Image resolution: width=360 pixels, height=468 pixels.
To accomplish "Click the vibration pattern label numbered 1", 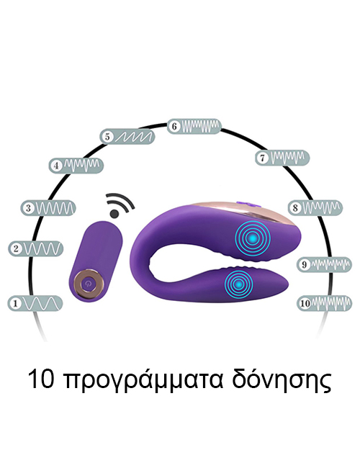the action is (35, 303).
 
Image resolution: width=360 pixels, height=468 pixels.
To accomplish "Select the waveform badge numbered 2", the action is (36, 248).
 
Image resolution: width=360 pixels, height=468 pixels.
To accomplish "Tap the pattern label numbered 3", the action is (48, 208).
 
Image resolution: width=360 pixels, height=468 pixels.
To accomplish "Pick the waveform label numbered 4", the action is (76, 166).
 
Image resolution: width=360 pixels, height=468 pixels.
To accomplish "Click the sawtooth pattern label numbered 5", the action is (127, 137).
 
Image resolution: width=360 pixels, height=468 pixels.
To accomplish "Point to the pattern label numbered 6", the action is (194, 126).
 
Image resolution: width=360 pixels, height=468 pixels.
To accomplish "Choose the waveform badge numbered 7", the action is (282, 158).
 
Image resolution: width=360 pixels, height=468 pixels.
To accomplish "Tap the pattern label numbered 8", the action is (315, 207).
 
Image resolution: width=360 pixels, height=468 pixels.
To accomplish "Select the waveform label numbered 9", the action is (324, 264).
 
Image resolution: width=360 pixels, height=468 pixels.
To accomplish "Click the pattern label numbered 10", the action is (324, 303).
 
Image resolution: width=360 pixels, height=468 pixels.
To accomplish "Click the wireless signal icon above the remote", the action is (120, 205).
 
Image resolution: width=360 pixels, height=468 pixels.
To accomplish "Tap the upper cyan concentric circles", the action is (253, 238).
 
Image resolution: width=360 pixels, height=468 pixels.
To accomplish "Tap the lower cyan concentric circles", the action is (238, 284).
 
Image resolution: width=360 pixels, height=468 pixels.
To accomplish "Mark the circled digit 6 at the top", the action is (174, 126).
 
